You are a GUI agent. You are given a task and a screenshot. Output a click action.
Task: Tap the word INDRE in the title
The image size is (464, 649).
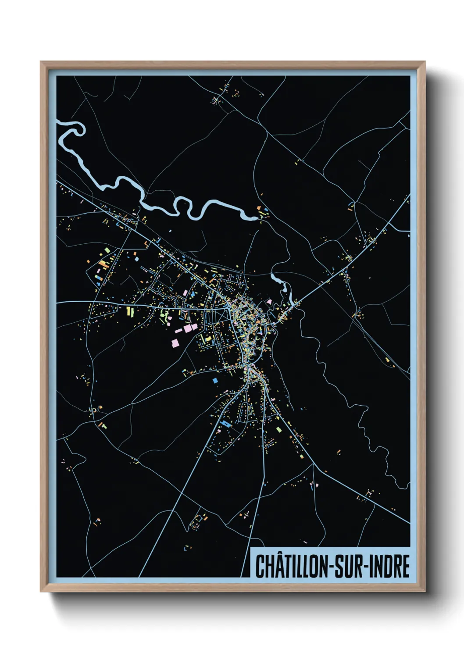click(389, 566)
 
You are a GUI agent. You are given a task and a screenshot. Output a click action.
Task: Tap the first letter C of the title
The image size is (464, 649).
click(260, 566)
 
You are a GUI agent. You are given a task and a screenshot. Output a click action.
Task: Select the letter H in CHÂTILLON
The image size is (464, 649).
click(270, 566)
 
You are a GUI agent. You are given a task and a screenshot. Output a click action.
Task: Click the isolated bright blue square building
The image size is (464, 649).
click(215, 380)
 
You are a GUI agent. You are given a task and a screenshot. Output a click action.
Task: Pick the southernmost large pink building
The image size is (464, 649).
click(175, 342)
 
